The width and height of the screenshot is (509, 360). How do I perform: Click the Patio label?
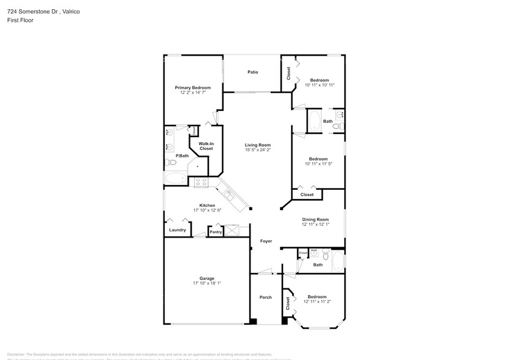252,72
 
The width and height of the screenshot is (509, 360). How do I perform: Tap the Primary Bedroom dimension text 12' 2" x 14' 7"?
192,93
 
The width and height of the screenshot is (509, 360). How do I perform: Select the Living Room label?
258,145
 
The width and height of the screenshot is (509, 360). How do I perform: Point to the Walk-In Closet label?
206,146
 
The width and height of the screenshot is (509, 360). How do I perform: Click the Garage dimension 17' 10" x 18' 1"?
207,283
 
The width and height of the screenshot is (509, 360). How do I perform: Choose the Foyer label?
266,241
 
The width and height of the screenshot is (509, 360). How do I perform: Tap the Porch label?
265,298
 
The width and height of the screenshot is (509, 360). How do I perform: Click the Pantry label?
216,232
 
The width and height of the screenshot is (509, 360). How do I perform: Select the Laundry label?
178,230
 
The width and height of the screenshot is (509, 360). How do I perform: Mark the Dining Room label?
315,219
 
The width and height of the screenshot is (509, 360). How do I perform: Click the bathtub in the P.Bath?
176,178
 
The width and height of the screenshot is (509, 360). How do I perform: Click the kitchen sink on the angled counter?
229,195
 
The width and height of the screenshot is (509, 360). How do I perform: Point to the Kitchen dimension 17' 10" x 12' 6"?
207,211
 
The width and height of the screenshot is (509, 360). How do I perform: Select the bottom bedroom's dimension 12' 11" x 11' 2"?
317,302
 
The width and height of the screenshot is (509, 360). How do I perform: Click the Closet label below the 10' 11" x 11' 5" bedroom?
307,195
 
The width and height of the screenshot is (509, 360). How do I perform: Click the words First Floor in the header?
20,20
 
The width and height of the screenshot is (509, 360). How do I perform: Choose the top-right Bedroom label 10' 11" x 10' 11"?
319,80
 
